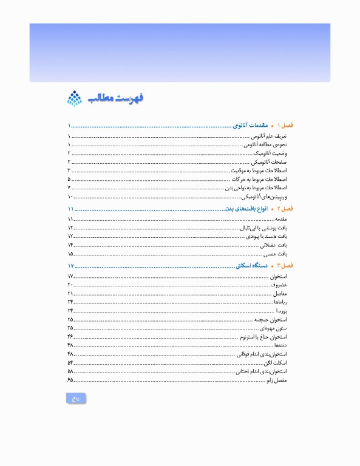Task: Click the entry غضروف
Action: coord(279,285)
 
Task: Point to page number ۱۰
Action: coord(70,197)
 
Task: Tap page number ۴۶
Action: coord(70,336)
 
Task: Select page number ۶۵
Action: coord(70,380)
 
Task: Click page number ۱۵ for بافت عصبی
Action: coord(70,254)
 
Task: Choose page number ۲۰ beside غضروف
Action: coord(70,285)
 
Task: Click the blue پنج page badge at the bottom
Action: coord(76,399)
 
